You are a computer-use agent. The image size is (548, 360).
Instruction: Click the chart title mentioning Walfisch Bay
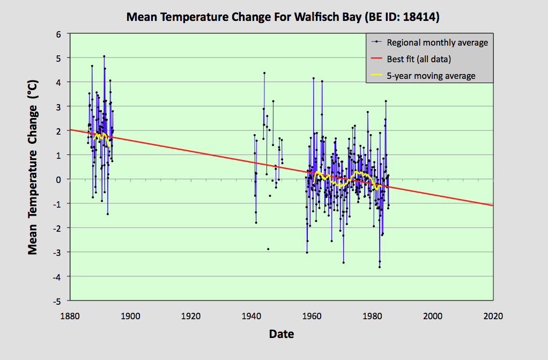pos(283,17)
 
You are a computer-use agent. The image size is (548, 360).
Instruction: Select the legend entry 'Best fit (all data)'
pos(419,59)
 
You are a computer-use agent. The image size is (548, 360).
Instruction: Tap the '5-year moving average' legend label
pos(431,76)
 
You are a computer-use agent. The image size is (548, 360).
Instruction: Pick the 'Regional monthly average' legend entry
pos(438,42)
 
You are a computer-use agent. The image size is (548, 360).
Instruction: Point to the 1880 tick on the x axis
pos(70,316)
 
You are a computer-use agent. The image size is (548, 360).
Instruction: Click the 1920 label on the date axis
pos(191,316)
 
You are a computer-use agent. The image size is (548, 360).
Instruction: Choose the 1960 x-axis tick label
pos(312,316)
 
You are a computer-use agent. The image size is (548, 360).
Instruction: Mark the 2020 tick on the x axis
pos(493,316)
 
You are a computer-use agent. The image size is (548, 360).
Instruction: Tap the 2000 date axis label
pos(432,316)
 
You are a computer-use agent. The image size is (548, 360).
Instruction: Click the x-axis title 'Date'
pos(282,334)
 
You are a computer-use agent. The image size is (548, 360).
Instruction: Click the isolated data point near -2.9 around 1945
pos(268,249)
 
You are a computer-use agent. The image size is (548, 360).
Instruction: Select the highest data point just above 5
pos(104,56)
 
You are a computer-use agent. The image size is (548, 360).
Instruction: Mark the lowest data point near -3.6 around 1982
pos(379,267)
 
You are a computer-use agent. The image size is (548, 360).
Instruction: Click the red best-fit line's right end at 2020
pos(492,205)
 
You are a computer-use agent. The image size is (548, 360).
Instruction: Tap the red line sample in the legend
pos(376,59)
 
